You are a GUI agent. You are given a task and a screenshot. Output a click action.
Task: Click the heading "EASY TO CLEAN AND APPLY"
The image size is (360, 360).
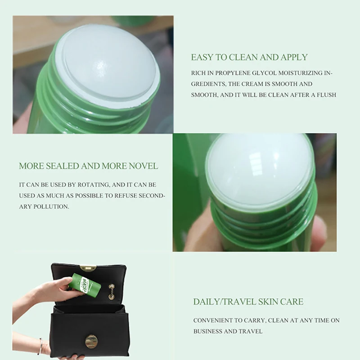(249, 57)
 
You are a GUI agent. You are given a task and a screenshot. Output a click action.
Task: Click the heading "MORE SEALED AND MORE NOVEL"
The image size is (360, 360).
(88, 166)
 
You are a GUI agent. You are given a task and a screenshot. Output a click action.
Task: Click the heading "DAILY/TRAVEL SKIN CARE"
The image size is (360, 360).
(248, 301)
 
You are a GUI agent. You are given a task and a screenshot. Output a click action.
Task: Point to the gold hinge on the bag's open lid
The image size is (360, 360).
(88, 268)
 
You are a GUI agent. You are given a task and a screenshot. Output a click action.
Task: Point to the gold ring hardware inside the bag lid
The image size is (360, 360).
(112, 292)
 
